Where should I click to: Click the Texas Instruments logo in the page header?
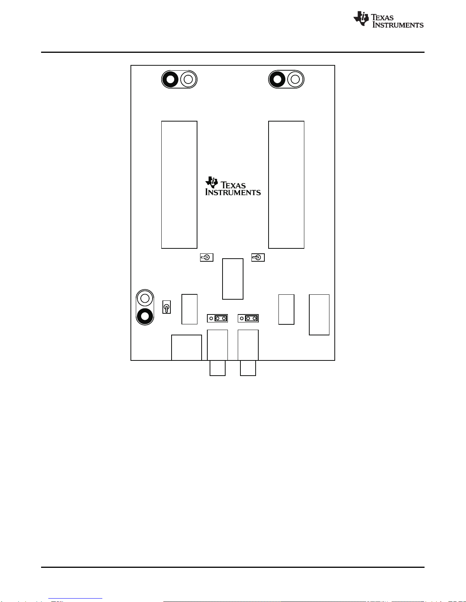[388, 19]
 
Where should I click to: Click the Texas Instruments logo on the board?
[233, 186]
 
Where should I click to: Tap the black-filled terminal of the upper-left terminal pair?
[170, 79]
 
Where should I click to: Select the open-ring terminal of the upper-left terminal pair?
[188, 79]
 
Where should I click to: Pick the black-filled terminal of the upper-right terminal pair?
[277, 79]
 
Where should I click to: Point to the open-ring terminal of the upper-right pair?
[295, 79]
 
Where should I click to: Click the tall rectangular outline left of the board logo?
[179, 185]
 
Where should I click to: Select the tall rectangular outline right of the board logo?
[286, 185]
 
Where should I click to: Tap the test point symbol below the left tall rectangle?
[207, 258]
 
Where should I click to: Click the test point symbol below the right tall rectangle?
[258, 258]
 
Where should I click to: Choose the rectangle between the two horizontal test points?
[233, 279]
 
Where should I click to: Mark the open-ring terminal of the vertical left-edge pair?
[145, 299]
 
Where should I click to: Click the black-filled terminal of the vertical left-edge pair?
[145, 316]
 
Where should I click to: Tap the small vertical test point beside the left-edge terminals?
[167, 307]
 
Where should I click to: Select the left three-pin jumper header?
[217, 318]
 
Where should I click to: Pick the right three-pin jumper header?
[248, 318]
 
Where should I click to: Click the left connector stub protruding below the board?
[218, 368]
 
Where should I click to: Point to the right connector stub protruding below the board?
[248, 368]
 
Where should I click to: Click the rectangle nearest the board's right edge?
[319, 314]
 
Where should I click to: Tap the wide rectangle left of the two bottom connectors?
[186, 348]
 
